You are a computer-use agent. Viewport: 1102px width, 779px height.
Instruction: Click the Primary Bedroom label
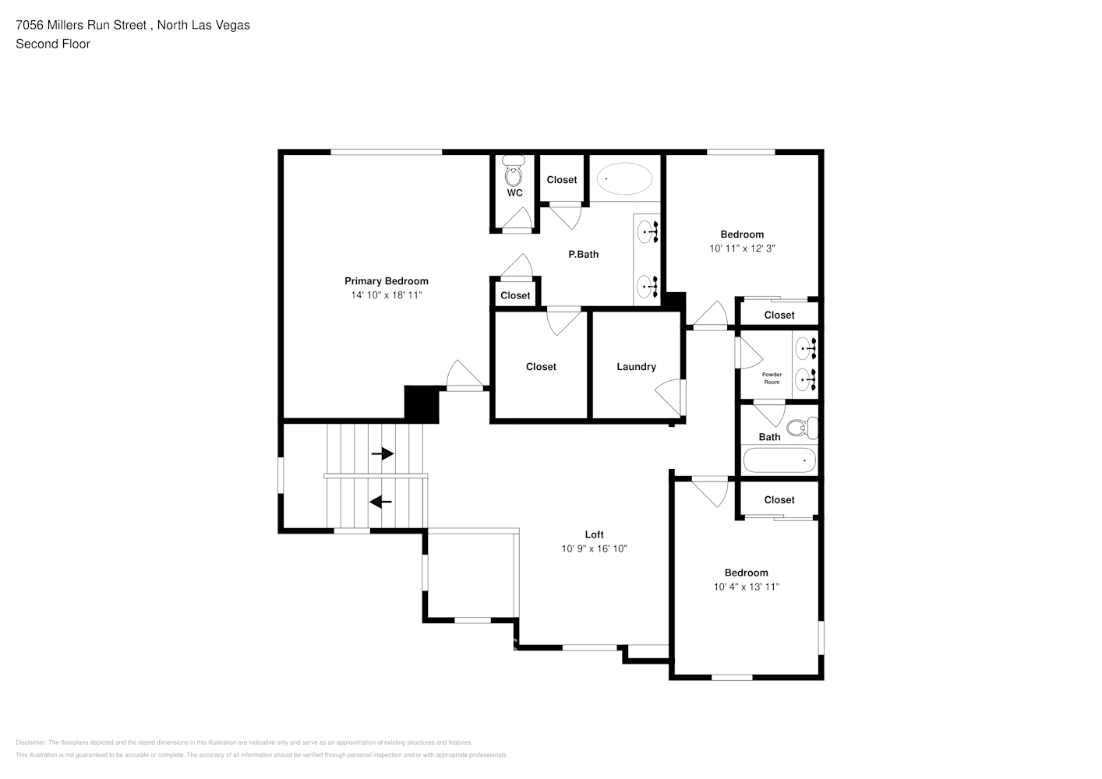[x=386, y=281]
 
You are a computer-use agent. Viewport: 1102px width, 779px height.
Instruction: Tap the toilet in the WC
[x=514, y=171]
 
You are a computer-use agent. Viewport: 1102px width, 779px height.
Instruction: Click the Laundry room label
[x=636, y=367]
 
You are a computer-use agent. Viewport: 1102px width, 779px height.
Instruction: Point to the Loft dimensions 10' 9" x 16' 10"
[x=594, y=548]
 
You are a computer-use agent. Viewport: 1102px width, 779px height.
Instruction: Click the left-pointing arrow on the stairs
[x=380, y=502]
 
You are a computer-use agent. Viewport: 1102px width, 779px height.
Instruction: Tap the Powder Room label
[x=772, y=379]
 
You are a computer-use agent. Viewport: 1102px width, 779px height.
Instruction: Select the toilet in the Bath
[x=801, y=428]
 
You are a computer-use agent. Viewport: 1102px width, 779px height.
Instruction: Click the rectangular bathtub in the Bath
[x=779, y=460]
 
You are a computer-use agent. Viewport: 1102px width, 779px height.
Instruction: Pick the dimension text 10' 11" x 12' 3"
[x=742, y=249]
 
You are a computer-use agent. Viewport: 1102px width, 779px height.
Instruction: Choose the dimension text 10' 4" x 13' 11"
[x=746, y=587]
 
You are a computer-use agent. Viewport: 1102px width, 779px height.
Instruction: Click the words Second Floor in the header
[x=53, y=44]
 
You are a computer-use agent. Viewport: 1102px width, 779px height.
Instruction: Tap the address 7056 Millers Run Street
[x=81, y=25]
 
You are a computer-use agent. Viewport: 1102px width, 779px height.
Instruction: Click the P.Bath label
[x=583, y=254]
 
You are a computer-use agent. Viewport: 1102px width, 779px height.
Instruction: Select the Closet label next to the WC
[x=561, y=180]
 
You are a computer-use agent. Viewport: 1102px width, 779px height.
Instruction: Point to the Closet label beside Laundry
[x=541, y=367]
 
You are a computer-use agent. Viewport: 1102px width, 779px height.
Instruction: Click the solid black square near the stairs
[x=422, y=404]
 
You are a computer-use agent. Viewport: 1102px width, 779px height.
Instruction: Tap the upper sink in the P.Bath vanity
[x=647, y=231]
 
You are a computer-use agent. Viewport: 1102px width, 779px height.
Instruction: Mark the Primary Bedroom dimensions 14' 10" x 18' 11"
[x=386, y=295]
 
